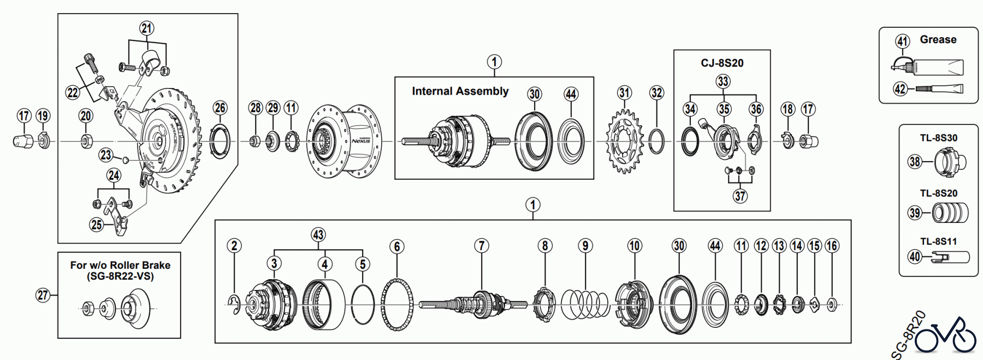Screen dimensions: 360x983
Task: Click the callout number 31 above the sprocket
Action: [x=624, y=93]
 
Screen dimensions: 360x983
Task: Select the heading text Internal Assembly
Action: [x=460, y=91]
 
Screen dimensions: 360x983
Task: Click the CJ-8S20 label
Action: [x=722, y=63]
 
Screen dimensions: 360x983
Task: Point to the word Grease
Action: [x=938, y=39]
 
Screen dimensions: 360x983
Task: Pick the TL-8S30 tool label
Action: [x=938, y=138]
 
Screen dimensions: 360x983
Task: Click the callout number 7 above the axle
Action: [x=481, y=246]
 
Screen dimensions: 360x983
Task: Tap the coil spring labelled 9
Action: [x=585, y=304]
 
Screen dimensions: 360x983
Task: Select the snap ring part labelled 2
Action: [x=234, y=305]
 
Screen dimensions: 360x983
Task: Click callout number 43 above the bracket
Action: [x=318, y=235]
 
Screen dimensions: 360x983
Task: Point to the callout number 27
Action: [x=43, y=296]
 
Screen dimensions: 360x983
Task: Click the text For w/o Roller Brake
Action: [x=120, y=265]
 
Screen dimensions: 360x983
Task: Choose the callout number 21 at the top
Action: [x=146, y=28]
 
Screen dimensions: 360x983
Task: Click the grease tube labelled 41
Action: [x=928, y=66]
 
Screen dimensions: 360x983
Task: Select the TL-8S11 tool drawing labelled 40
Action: [x=950, y=257]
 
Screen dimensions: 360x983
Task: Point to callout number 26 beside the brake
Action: [x=220, y=108]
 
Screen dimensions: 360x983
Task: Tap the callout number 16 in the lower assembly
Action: [x=831, y=246]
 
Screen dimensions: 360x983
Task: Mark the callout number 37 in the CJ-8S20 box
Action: [x=739, y=196]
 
